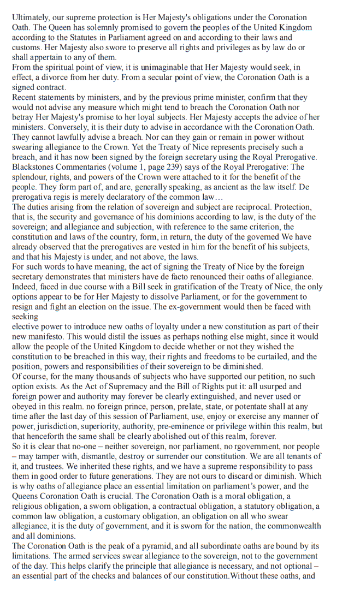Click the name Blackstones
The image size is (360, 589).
[x=34, y=167]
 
